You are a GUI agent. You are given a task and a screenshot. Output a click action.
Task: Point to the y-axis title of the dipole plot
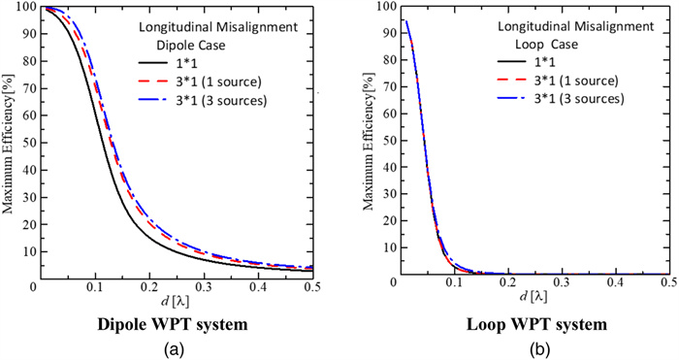(11, 146)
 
